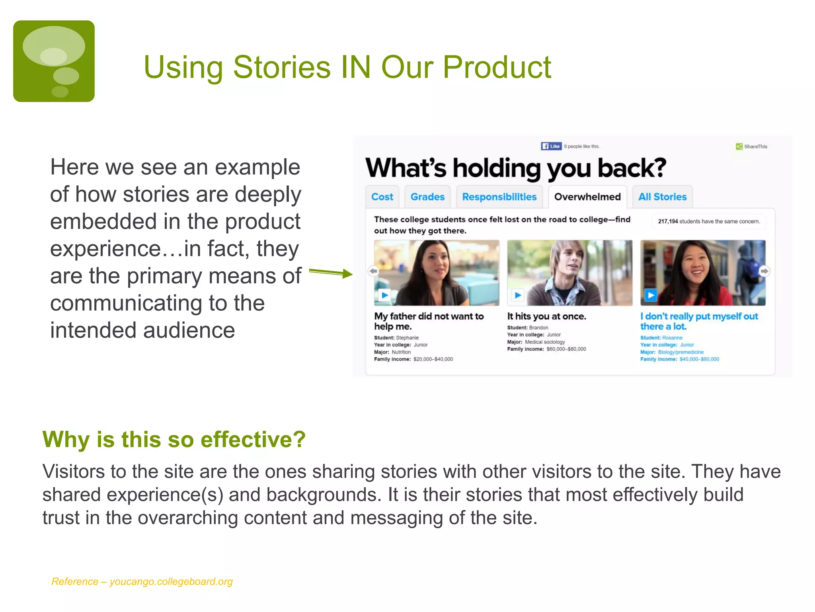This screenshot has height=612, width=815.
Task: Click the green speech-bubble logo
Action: coord(54,61)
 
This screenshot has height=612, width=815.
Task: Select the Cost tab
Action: coord(382,197)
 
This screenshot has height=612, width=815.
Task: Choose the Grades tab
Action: coord(427,197)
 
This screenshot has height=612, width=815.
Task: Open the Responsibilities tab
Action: coord(499,197)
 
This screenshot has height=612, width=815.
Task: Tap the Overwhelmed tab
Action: coord(587,197)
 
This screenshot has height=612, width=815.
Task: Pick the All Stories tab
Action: coord(662,197)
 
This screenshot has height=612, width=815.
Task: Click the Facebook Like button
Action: coord(551,146)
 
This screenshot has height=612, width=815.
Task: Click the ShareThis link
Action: coord(752,147)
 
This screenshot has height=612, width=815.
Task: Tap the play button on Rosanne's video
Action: coord(650,295)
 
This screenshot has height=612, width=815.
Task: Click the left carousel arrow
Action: coord(373,271)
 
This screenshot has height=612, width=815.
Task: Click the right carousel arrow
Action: coord(764,271)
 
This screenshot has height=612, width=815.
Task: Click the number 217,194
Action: coord(667,222)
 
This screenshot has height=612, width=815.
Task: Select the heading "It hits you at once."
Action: coord(546,316)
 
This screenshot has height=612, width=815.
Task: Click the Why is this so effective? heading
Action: coord(174,439)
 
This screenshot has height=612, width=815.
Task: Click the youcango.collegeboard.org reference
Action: coord(171,582)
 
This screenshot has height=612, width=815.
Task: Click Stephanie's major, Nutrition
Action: coord(401,352)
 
